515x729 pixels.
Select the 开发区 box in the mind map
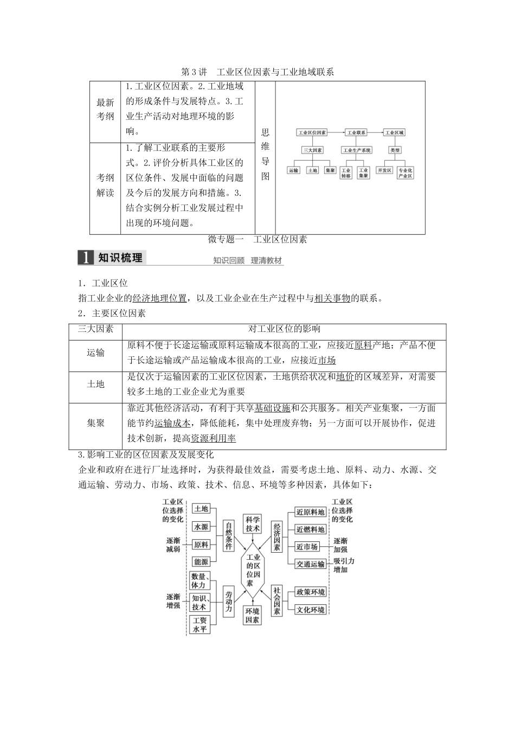coord(385,170)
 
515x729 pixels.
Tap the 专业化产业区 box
coord(405,172)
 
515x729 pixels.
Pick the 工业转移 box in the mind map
coord(346,172)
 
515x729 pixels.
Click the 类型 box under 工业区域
coord(395,150)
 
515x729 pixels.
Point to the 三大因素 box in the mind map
coord(312,150)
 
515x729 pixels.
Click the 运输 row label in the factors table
coord(96,353)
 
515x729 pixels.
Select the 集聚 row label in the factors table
coord(96,423)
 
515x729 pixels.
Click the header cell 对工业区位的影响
coord(284,329)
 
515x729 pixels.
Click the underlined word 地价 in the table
coord(345,377)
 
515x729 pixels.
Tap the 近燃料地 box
coord(311,529)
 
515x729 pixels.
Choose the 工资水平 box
coord(199,625)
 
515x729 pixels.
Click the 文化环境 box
coord(311,610)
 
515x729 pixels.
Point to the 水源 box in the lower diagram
coord(201,527)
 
